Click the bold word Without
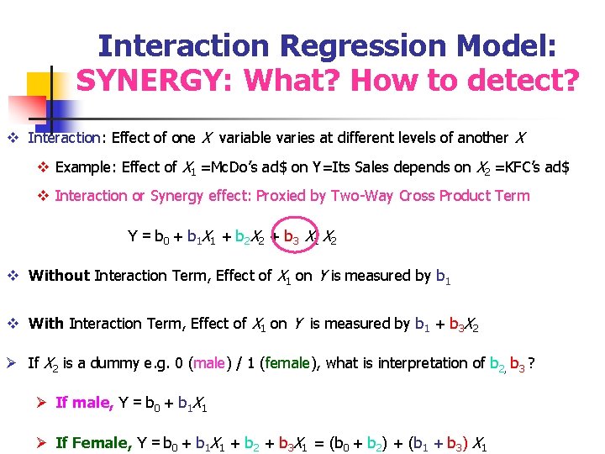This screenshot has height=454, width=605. [59, 275]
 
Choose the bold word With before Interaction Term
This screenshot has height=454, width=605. [46, 323]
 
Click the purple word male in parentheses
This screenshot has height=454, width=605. [208, 363]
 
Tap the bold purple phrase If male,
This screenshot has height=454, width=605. [84, 402]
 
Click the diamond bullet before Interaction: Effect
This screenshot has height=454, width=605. [13, 138]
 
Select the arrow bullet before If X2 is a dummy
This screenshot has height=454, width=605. [13, 363]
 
